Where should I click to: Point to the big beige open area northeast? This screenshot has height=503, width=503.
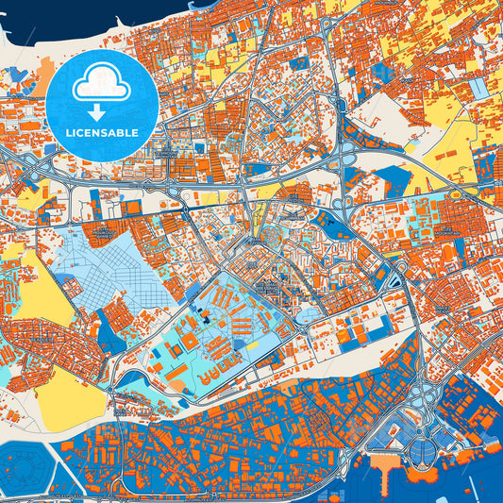(387, 113)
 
